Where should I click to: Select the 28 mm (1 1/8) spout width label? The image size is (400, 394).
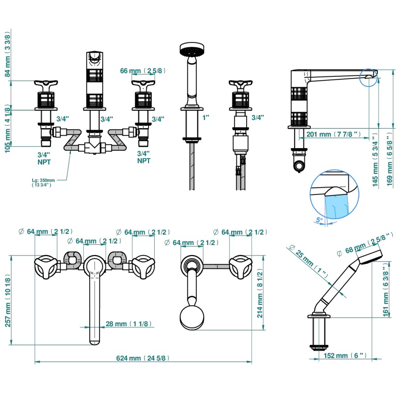point(128,324)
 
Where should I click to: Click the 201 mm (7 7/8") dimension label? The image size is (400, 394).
point(334,134)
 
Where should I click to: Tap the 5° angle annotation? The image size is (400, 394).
point(318,220)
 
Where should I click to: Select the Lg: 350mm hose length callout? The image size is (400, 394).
point(44,182)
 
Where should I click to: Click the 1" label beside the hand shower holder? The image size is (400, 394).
point(205,118)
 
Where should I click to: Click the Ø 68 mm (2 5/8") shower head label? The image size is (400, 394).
point(365,244)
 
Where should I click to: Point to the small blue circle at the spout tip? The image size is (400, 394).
point(369,77)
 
